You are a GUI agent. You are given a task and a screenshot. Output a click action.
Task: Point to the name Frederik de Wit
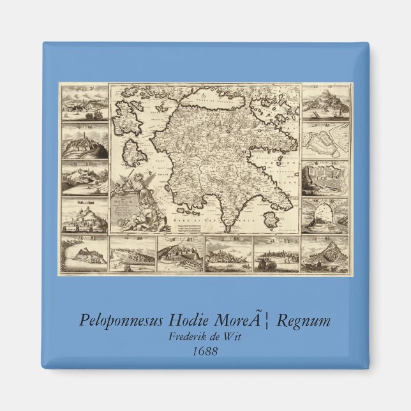tap(205, 337)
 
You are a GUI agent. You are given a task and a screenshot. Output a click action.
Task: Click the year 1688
tap(205, 350)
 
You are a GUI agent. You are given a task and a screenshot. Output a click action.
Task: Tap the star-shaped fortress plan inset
tap(325, 140)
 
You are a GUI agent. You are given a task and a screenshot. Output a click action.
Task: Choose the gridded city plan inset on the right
tap(325, 180)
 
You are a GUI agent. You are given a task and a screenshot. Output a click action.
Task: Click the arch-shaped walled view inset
tap(325, 217)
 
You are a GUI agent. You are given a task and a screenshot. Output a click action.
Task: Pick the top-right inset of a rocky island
tap(325, 102)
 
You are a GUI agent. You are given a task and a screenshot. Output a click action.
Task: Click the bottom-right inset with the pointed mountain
tap(325, 255)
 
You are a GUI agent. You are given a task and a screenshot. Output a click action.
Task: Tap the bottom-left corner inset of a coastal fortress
tap(84, 255)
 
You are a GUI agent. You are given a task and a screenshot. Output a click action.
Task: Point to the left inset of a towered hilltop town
tap(84, 142)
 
